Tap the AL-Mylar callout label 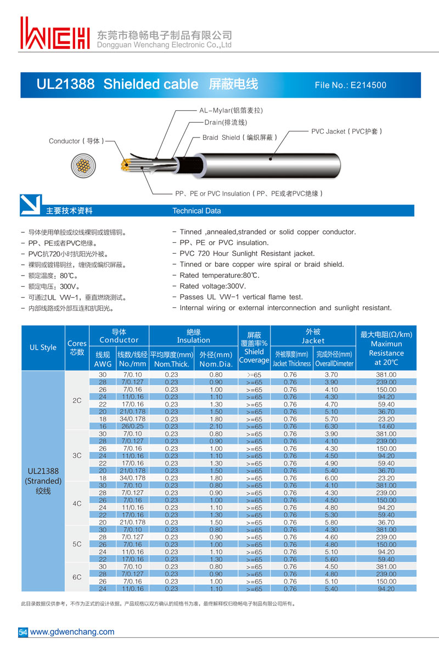pos(230,110)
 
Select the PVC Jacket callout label pos(346,132)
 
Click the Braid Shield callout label pos(239,138)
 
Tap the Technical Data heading pos(196,211)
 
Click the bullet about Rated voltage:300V pos(212,286)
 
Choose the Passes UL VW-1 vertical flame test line pos(241,297)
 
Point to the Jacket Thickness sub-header pos(291,363)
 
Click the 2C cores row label pos(77,401)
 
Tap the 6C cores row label pos(77,577)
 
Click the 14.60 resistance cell pos(386,426)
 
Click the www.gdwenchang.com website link pos(72,631)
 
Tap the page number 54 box pos(23,631)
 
